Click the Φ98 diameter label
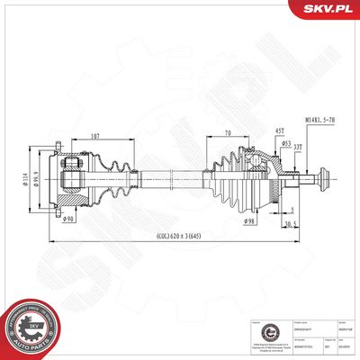pos(248,220)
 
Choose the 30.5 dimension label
pos(291,222)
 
